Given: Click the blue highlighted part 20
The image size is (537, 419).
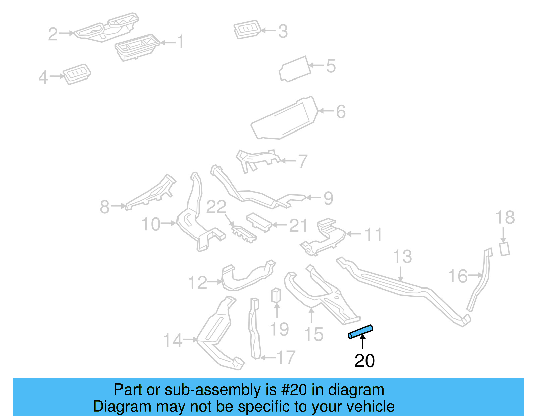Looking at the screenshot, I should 360,332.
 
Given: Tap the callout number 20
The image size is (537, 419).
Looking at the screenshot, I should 364,361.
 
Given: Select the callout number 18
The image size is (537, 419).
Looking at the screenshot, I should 505,218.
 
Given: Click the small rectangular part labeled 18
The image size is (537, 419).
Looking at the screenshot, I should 505,249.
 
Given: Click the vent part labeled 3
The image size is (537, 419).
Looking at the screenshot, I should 247,30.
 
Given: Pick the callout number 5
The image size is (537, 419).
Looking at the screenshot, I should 331,66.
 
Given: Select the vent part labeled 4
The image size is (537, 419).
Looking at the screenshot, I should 77,73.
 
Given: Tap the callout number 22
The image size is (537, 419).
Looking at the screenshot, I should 216,207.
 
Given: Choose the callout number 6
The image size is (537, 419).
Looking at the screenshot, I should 341,112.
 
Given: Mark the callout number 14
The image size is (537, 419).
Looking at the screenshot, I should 173,340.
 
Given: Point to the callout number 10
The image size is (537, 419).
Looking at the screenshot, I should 151,224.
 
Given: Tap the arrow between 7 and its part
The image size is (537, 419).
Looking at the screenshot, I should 287,161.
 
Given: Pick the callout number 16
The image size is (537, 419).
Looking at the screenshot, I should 458,276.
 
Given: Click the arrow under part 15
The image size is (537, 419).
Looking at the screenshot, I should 312,316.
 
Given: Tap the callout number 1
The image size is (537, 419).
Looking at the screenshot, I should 181,42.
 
